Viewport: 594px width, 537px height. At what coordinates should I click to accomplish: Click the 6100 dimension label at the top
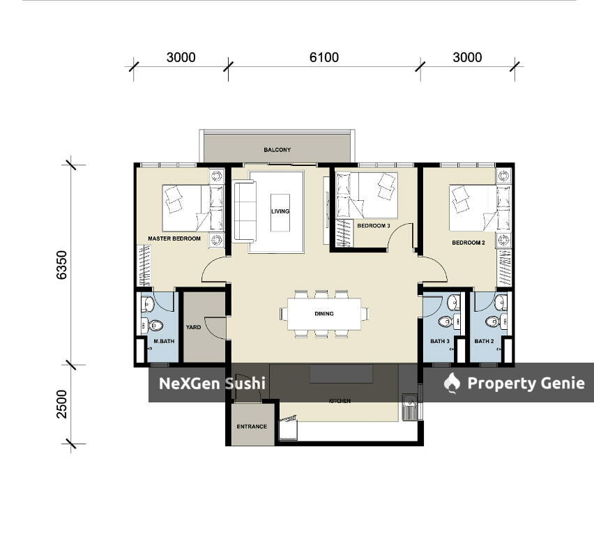(324, 57)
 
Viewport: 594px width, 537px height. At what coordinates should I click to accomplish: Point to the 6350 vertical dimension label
(61, 265)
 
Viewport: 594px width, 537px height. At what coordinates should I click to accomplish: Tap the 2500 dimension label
(61, 404)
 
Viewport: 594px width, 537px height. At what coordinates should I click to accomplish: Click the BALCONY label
(277, 150)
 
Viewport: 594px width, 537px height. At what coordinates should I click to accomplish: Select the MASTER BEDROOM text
(174, 239)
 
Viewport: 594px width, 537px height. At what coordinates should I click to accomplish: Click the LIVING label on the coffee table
(280, 211)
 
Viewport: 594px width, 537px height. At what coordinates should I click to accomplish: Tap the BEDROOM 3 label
(374, 225)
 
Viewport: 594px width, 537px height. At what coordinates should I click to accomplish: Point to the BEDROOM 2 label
(469, 243)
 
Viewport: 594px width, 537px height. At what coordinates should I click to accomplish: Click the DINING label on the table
(324, 313)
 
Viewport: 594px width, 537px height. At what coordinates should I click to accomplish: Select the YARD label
(193, 327)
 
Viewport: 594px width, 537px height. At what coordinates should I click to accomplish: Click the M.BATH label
(164, 341)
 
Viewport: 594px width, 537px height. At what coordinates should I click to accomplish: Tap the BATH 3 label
(440, 341)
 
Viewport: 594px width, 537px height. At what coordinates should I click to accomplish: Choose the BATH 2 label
(484, 341)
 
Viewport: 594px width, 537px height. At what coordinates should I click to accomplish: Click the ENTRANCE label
(252, 426)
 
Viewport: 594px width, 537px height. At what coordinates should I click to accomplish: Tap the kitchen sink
(409, 407)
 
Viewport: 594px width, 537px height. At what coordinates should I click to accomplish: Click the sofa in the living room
(244, 211)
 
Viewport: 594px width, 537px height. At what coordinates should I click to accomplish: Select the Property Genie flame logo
(452, 383)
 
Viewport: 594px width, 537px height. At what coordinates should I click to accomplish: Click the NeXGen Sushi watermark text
(212, 384)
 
